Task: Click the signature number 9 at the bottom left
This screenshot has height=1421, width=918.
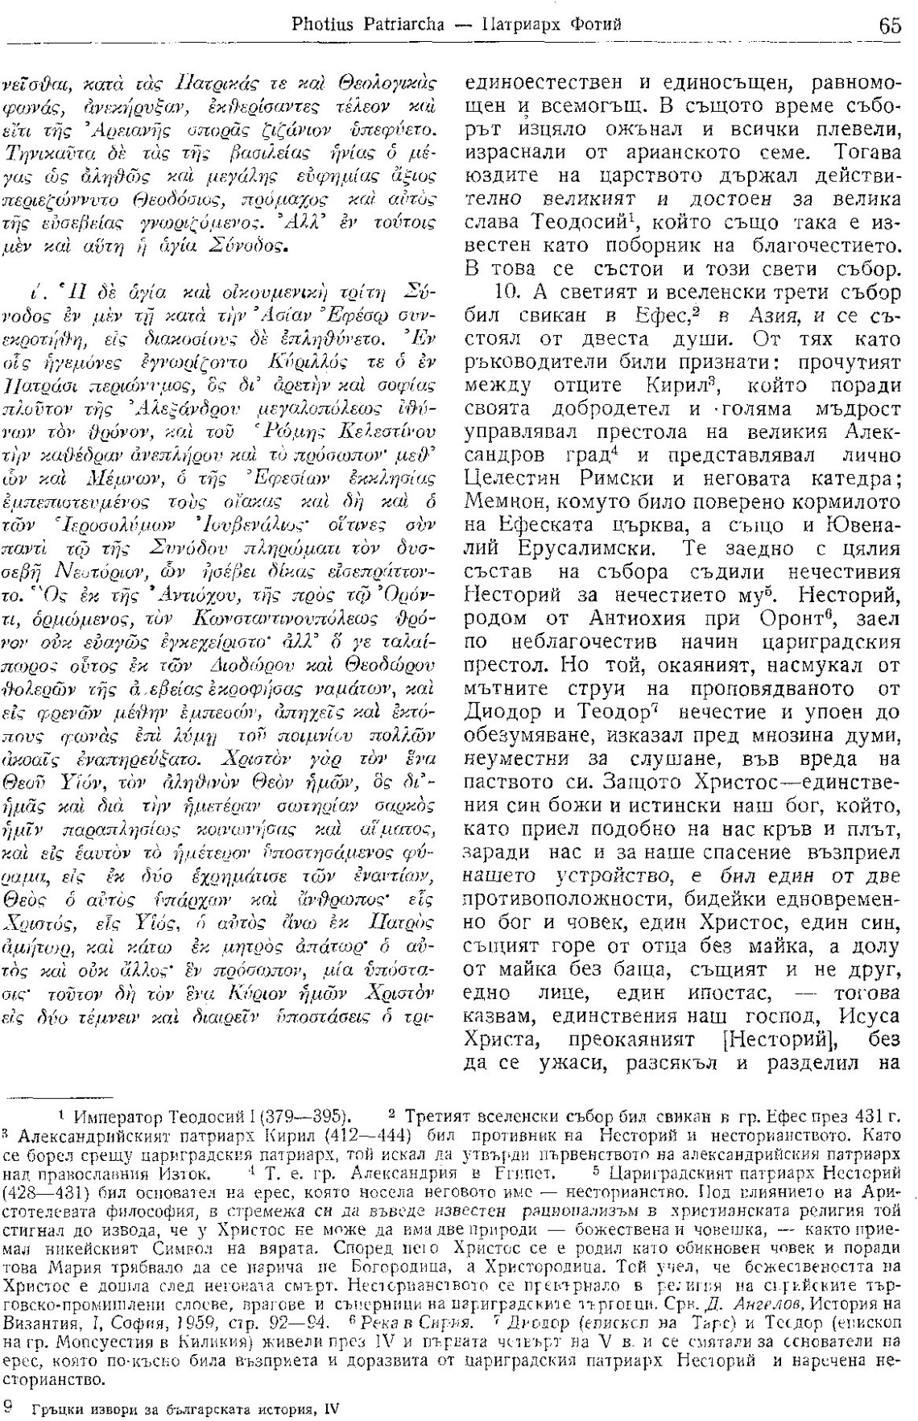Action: click(x=10, y=1404)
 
